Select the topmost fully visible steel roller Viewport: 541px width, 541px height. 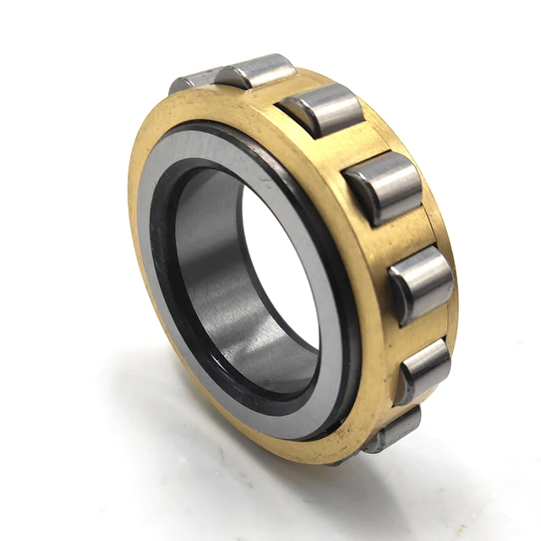256,71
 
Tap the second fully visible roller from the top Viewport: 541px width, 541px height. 323,109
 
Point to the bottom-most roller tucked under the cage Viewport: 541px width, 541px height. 395,429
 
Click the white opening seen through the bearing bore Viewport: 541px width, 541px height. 283,270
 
